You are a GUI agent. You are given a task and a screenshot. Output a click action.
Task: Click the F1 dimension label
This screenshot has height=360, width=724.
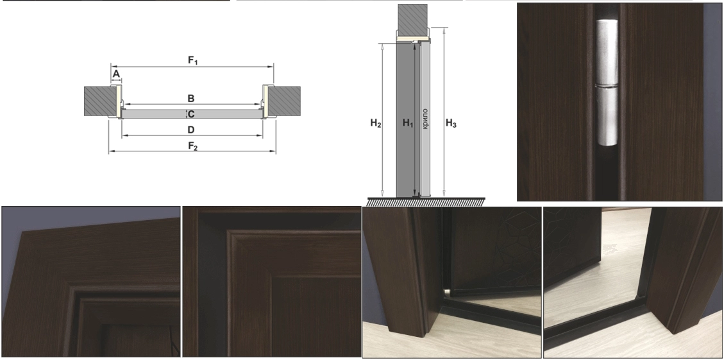point(192,60)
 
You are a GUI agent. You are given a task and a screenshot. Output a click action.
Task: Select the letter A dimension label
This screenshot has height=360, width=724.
point(116,74)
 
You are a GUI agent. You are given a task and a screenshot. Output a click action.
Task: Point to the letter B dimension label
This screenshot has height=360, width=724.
point(190,98)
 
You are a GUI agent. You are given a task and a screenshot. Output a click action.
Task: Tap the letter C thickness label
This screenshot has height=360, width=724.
point(190,114)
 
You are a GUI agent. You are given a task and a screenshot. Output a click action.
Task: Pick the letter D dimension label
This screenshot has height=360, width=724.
point(190,130)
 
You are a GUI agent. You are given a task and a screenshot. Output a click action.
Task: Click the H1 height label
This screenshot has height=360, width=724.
point(407,123)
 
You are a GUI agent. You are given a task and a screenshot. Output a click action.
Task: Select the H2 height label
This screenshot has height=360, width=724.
point(375,123)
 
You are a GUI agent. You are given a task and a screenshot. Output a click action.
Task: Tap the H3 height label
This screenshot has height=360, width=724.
point(451,123)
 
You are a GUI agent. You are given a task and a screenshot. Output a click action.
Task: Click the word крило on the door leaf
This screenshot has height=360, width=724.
point(425,119)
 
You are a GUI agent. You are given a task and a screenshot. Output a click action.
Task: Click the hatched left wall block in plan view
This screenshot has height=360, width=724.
point(100,101)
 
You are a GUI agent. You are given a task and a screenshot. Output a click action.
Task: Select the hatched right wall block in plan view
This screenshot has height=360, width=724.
point(285,101)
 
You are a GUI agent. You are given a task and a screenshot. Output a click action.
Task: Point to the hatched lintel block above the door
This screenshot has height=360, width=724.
point(413,20)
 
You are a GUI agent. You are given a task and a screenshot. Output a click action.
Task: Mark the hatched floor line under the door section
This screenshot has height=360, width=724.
point(426,202)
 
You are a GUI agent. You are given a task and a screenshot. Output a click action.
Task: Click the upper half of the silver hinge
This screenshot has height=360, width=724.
point(607,52)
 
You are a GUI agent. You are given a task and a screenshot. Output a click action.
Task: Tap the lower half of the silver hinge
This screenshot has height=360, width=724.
point(607,116)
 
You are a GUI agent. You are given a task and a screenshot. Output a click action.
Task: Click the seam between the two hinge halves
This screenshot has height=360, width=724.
point(607,86)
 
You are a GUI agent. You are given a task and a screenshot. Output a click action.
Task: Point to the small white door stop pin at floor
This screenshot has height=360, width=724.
point(447,292)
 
